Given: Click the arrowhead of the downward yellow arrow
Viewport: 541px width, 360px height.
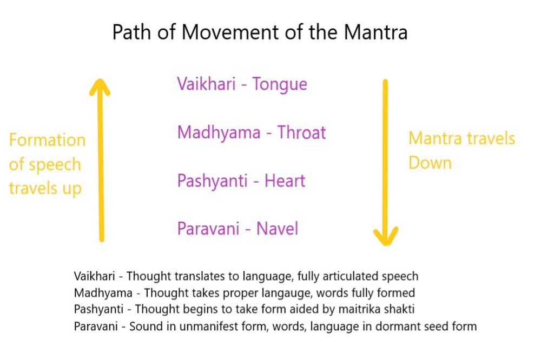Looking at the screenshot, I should [386, 236].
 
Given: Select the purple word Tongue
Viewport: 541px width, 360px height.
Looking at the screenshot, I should [280, 84].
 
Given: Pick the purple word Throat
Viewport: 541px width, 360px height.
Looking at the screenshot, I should [302, 132].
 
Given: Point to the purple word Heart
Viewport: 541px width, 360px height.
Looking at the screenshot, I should [285, 181].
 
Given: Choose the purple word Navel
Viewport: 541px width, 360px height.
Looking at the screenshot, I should [277, 229].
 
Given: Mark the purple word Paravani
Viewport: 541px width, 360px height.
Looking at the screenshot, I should [208, 229].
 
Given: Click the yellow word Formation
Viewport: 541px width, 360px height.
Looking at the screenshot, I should [47, 141].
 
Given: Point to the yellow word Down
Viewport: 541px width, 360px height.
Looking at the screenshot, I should [430, 163].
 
